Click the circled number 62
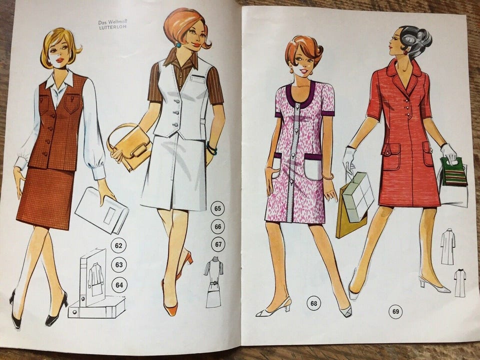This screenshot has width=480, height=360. click(119, 245)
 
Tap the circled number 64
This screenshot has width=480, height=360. click(119, 285)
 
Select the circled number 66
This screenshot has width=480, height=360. click(217, 226)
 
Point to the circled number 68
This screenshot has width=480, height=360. click(314, 303)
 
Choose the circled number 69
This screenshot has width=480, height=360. click(395, 311)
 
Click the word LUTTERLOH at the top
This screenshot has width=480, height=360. click(113, 27)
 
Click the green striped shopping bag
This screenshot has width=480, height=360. click(454, 171)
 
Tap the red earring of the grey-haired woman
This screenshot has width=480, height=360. click(405, 52)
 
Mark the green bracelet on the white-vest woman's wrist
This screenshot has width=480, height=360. click(211, 149)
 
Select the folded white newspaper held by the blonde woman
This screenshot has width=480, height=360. click(102, 210)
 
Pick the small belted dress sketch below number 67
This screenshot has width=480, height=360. click(213, 282)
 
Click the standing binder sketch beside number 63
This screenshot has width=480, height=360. click(93, 277)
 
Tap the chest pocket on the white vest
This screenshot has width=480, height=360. click(196, 78)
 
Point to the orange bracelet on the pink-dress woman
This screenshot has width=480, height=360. click(328, 176)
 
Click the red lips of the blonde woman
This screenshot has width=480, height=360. click(60, 60)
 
